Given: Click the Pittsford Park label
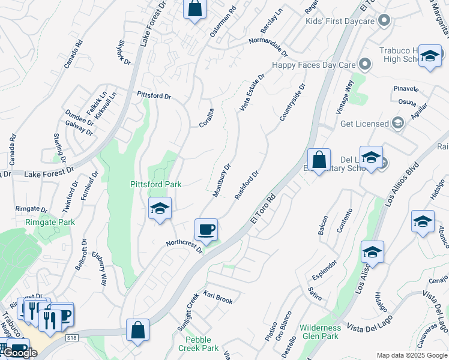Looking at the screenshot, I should pyautogui.click(x=156, y=184).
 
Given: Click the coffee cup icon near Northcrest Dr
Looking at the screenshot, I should pyautogui.click(x=206, y=229).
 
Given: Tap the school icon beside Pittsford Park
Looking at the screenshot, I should pyautogui.click(x=160, y=208).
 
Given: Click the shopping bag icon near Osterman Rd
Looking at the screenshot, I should pyautogui.click(x=194, y=9).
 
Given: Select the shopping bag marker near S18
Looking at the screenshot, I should pyautogui.click(x=138, y=329).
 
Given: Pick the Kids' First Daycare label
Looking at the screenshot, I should pyautogui.click(x=340, y=22).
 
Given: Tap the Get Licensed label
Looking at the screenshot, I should pyautogui.click(x=364, y=124).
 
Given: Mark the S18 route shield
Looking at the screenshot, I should pyautogui.click(x=72, y=338).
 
